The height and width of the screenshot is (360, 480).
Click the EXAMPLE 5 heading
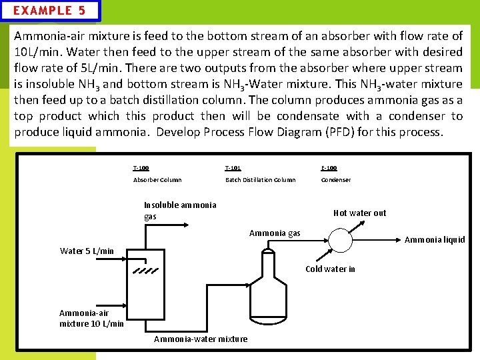[50, 11]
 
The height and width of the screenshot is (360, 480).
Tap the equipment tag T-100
[141, 168]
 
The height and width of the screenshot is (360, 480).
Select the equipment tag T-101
[233, 168]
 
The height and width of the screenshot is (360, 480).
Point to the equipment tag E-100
[329, 168]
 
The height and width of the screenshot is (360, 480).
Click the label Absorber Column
[157, 180]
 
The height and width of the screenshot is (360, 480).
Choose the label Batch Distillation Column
[260, 180]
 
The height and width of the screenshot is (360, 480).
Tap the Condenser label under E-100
[336, 180]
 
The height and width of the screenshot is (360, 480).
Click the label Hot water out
[359, 213]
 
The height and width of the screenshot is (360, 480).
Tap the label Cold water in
[330, 269]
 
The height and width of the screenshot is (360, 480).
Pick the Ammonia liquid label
[435, 240]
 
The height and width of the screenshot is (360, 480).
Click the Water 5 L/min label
[87, 251]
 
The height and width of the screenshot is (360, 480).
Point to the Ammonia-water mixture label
[201, 339]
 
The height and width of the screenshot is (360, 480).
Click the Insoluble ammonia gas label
[180, 211]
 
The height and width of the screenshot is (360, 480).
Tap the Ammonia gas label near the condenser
[275, 233]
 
